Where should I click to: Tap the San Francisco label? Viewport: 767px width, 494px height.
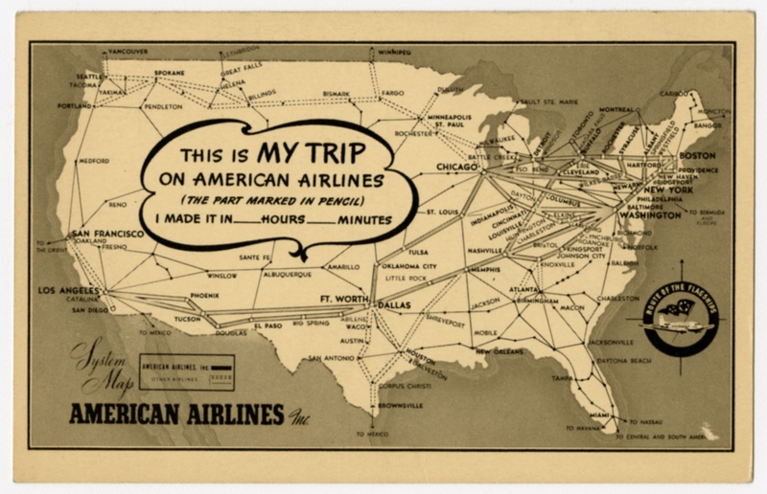pos(106,234)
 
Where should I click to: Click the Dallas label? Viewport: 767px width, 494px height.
pos(392,305)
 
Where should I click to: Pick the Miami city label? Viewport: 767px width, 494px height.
pos(600,414)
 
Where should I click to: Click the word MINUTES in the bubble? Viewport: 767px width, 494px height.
pos(361,220)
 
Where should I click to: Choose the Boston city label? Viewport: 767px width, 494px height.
pos(697,155)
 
